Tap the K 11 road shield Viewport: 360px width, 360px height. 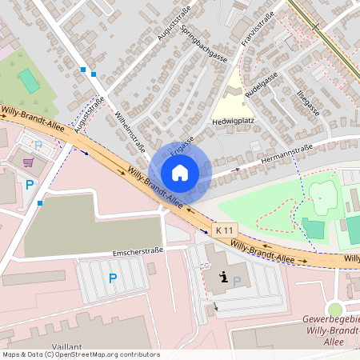point(225,230)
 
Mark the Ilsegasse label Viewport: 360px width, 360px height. point(308,102)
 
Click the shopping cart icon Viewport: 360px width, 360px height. point(29,162)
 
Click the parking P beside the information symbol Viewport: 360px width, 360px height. point(237,282)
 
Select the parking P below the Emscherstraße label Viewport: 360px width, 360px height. point(112,278)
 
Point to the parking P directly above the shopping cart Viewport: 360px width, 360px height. point(38,146)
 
